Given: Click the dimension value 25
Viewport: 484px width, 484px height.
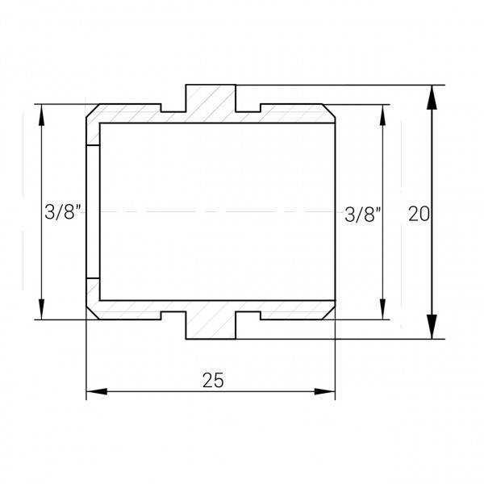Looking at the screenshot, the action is pyautogui.click(x=213, y=380).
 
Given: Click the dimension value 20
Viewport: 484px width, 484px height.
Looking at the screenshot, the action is pyautogui.click(x=419, y=214).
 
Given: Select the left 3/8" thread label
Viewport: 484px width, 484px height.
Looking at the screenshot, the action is pyautogui.click(x=63, y=211).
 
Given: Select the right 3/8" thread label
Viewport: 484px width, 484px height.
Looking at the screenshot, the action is pyautogui.click(x=363, y=215).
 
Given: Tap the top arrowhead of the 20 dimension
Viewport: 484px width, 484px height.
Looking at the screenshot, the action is pyautogui.click(x=432, y=97).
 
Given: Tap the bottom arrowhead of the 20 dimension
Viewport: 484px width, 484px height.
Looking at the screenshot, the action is pyautogui.click(x=432, y=327).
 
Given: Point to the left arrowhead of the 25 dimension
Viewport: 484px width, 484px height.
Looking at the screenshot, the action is pyautogui.click(x=97, y=391).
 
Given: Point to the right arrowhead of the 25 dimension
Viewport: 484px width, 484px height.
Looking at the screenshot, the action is pyautogui.click(x=324, y=391).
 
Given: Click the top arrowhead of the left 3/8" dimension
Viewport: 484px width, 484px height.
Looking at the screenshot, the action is pyautogui.click(x=41, y=115).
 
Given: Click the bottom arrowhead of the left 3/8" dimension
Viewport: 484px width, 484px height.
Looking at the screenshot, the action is pyautogui.click(x=41, y=309).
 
